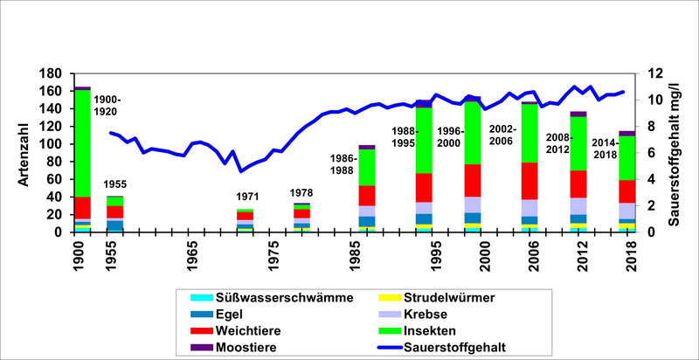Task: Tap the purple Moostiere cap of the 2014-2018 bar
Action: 627,133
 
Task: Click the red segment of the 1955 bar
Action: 115,211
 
